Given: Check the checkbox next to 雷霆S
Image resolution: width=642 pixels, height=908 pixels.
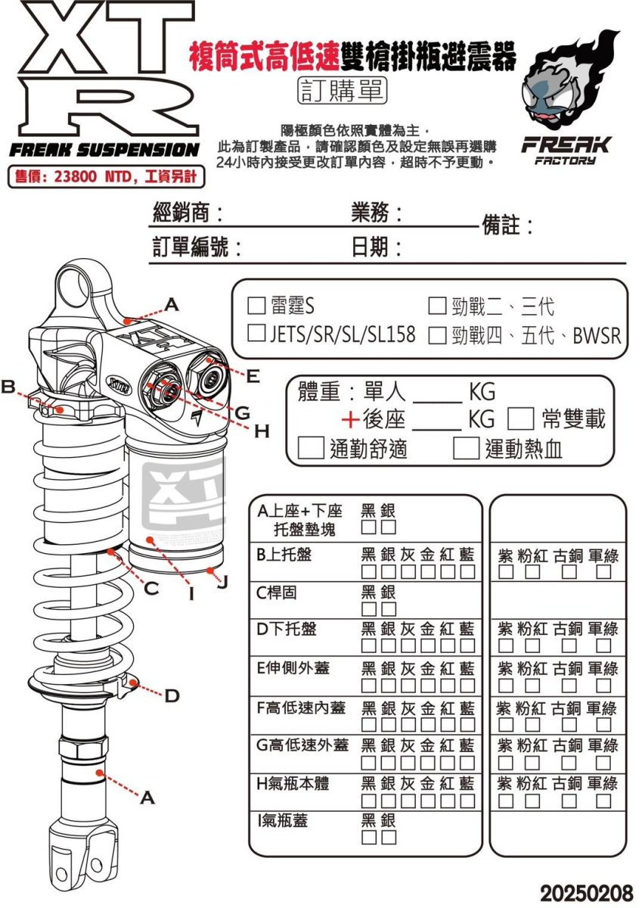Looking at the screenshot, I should [256, 306].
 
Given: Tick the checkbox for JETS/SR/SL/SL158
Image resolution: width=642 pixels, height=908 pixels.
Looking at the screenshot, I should [256, 334].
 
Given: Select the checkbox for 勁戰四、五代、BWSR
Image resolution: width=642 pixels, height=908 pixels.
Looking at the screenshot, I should [436, 334].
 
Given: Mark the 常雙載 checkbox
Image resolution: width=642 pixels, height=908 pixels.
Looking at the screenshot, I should [519, 418].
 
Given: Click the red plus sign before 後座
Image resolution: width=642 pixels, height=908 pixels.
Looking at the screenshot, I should [349, 420].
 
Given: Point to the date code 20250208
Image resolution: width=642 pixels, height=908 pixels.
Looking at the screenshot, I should [585, 893].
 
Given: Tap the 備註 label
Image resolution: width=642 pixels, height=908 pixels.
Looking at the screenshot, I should [507, 225].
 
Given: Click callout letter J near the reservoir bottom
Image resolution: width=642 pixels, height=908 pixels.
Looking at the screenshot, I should [222, 583].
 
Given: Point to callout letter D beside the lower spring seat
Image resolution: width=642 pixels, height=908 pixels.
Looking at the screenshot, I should [172, 695].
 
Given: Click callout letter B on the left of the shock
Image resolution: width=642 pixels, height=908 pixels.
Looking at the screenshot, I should [8, 387].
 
